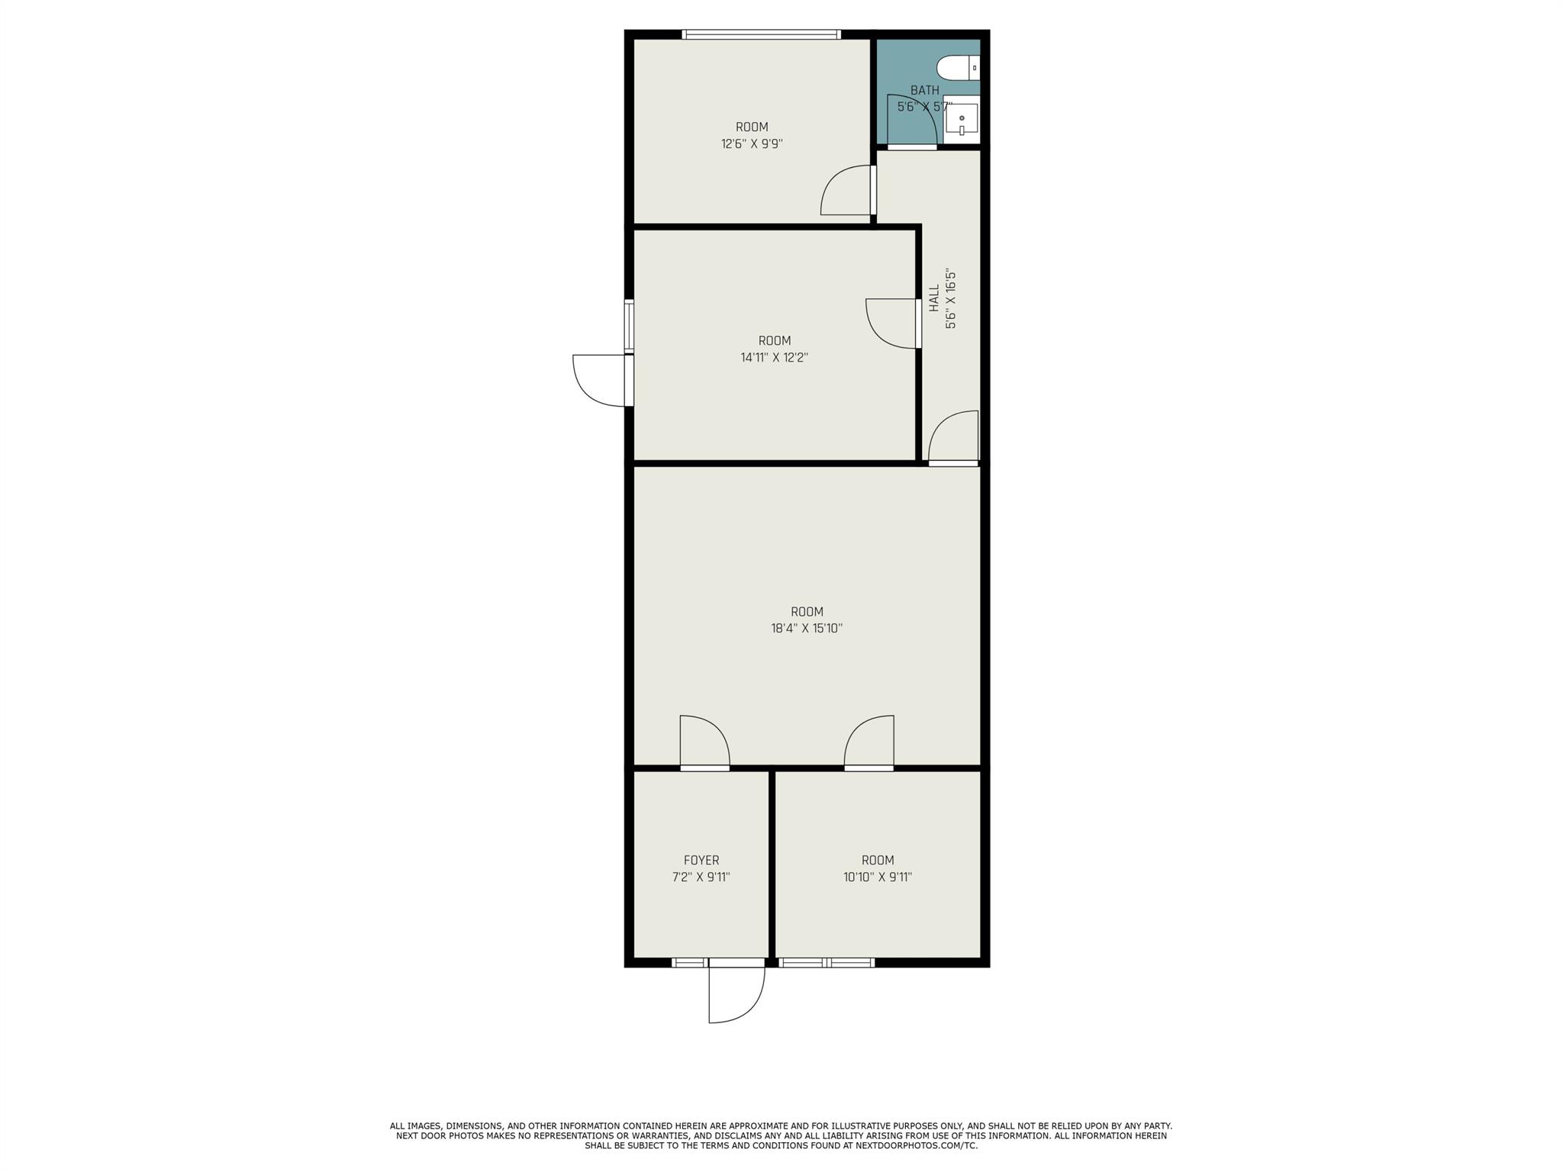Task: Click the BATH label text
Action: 924,90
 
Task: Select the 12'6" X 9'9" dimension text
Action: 752,143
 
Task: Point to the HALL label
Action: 934,298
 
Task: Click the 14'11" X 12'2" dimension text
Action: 774,357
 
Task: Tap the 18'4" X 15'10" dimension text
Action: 807,629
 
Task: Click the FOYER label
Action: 701,861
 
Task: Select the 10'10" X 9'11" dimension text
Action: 878,877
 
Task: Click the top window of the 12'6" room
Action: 761,34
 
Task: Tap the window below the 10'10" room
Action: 827,962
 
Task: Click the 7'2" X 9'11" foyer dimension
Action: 701,877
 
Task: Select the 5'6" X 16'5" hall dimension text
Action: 950,298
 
